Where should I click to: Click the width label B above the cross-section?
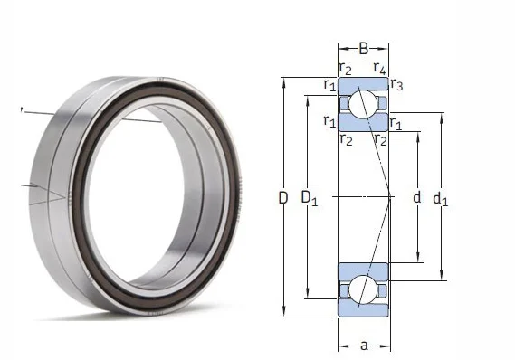363,49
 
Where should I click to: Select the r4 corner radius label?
381,68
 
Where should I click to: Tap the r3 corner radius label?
397,85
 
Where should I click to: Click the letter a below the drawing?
363,345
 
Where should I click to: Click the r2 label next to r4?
345,68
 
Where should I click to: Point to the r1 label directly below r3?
396,122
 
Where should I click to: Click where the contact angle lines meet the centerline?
389,196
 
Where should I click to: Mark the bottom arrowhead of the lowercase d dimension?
417,259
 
